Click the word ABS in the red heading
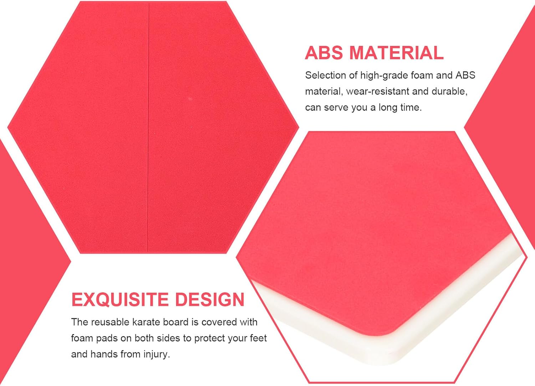323,53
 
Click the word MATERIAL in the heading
396,53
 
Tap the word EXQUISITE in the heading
120,300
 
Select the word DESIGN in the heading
210,300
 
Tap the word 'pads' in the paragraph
106,339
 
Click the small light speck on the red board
190,99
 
